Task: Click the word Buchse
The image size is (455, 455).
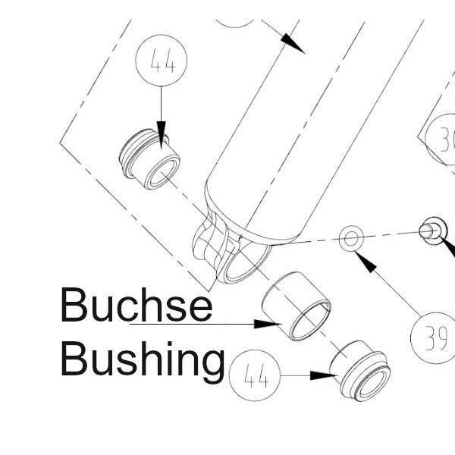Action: tap(136, 304)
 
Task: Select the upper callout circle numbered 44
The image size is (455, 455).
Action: tap(162, 61)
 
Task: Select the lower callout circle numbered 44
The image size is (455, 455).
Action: tap(255, 375)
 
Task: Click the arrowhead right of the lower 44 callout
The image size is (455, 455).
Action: tap(324, 375)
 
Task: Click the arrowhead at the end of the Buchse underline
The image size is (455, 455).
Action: tap(268, 324)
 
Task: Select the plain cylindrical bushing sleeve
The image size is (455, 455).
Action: tap(296, 306)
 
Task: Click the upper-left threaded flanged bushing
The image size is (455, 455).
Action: tap(149, 159)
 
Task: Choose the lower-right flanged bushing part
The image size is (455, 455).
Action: tap(360, 371)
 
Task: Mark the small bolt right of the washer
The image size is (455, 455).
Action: tap(433, 231)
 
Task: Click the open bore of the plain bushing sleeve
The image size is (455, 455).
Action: tap(311, 321)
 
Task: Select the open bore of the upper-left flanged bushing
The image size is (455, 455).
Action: tap(163, 173)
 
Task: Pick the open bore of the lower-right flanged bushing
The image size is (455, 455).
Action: tap(372, 384)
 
